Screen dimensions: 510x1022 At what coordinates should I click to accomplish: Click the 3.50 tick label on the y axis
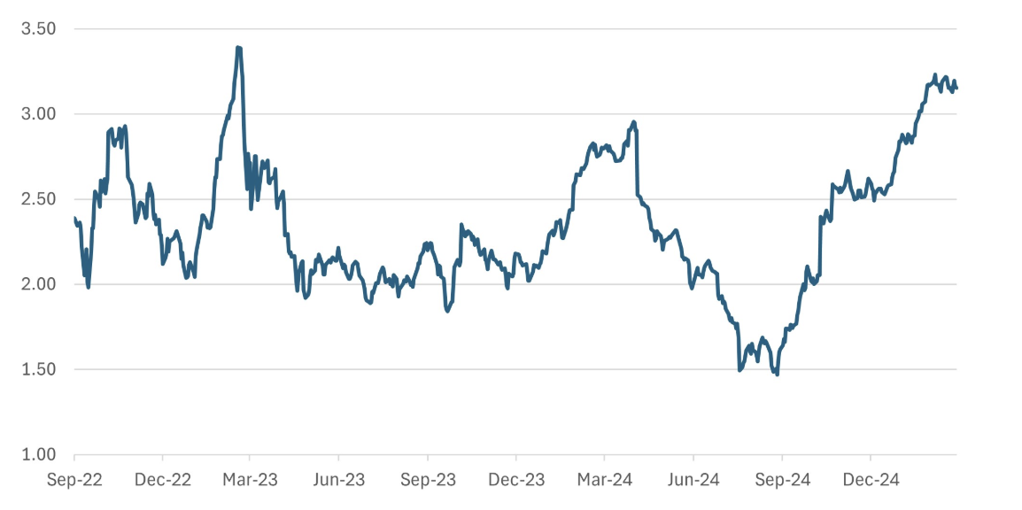click(x=38, y=29)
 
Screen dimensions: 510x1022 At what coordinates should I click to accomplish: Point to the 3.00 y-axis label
click(x=38, y=114)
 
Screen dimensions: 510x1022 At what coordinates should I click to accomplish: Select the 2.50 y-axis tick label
click(x=38, y=199)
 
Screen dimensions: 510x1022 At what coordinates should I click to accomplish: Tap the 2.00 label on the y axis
click(x=38, y=284)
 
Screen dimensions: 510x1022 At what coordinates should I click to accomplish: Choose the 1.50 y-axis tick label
click(x=38, y=369)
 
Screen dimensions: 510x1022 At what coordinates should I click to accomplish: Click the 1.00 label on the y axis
click(x=38, y=454)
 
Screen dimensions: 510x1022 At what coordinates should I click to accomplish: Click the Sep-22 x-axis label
click(x=74, y=480)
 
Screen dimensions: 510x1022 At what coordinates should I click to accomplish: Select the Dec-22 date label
click(x=162, y=480)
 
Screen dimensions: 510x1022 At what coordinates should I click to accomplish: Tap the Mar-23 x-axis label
click(x=250, y=480)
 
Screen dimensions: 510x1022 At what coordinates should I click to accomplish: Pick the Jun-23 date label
click(x=339, y=480)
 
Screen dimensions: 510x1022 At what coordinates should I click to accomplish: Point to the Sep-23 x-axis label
click(x=428, y=480)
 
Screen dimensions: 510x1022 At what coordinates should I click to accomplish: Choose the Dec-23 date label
click(x=516, y=480)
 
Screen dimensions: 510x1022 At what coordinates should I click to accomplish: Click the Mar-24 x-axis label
click(x=604, y=480)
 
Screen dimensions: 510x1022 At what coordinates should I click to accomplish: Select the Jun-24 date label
click(x=693, y=480)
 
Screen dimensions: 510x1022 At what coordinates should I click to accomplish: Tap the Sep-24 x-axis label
click(x=782, y=480)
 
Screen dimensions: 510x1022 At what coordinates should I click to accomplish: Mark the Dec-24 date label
click(x=871, y=480)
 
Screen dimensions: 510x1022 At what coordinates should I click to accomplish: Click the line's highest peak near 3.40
click(x=238, y=48)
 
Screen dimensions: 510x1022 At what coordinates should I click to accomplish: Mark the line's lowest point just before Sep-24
click(x=777, y=375)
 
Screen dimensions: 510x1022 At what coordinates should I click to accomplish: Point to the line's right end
click(x=956, y=88)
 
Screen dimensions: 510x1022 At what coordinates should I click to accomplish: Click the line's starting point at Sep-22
click(x=74, y=218)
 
